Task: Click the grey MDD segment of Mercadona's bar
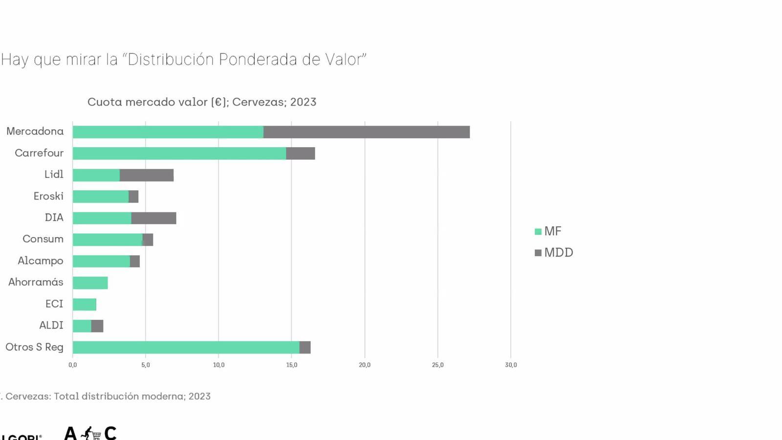click(367, 132)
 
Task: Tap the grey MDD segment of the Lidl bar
click(147, 175)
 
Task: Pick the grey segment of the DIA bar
click(153, 218)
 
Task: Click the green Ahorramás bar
click(90, 283)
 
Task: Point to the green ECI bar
click(84, 304)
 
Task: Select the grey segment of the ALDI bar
click(97, 326)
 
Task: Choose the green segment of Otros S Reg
click(186, 347)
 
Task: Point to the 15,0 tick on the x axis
click(292, 365)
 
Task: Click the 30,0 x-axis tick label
click(511, 365)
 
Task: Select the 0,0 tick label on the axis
click(73, 365)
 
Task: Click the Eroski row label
click(48, 196)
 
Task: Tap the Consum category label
click(43, 239)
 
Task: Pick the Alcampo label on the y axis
click(41, 261)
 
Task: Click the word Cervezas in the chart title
click(259, 102)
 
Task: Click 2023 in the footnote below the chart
click(199, 396)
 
